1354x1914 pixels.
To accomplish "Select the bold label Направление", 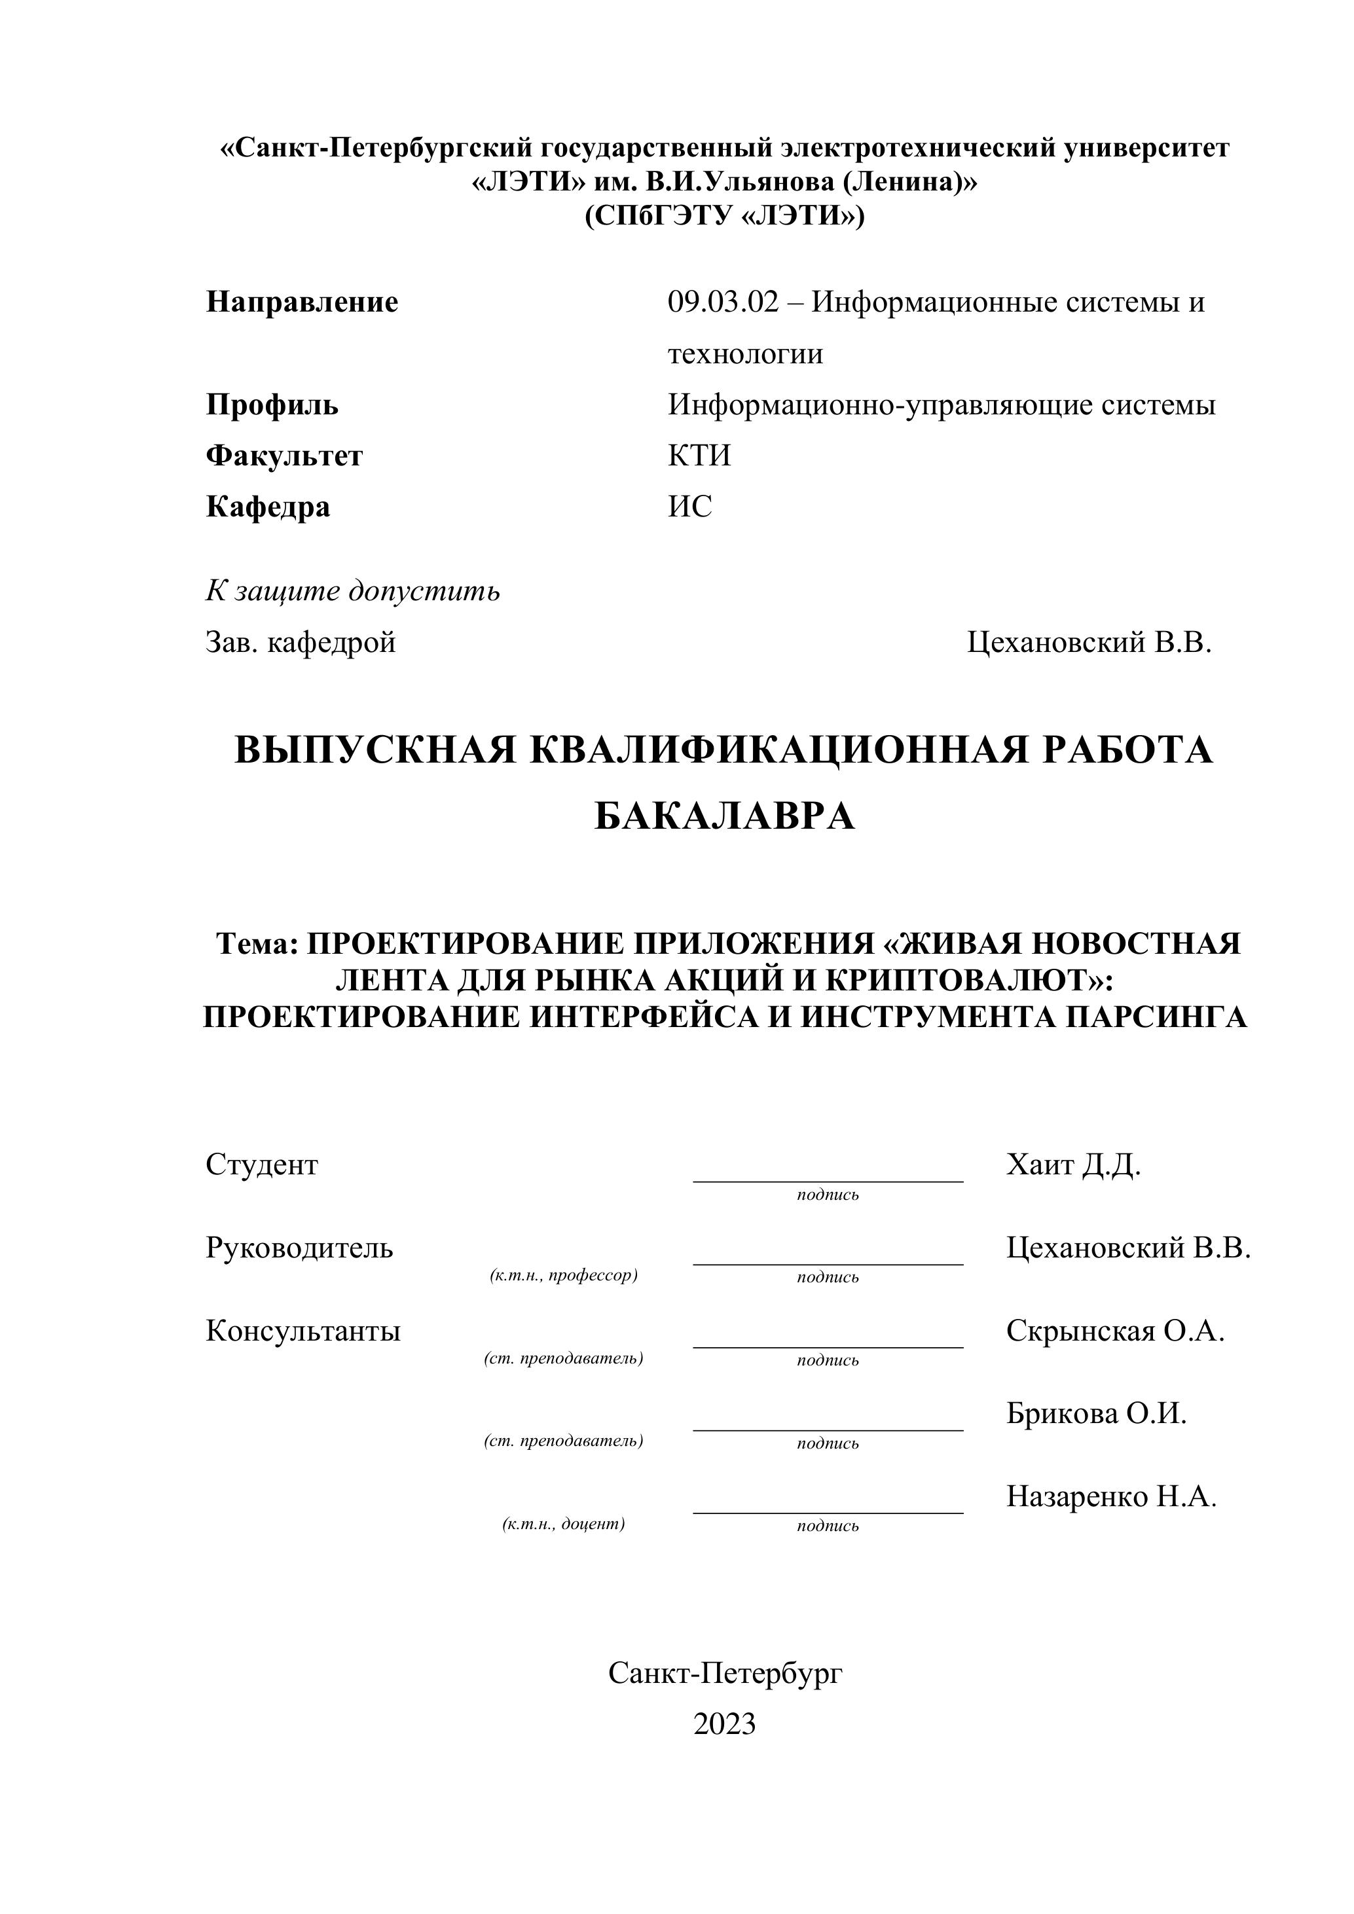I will point(302,302).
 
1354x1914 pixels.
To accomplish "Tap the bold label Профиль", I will point(272,405).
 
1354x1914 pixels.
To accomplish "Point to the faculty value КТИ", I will point(699,456).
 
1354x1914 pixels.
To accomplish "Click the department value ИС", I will point(689,507).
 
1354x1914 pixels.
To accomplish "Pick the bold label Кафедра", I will point(268,507).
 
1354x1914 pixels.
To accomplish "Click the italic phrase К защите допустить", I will point(353,591).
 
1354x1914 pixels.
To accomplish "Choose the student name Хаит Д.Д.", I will point(1073,1165).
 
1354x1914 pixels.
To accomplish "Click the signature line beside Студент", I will point(827,1179).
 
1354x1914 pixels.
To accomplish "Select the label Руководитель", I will point(299,1248).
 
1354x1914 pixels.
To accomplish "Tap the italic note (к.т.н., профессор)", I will point(564,1275).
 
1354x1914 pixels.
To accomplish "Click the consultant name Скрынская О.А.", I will point(1115,1331).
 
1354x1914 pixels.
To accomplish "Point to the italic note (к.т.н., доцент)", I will point(564,1524).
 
